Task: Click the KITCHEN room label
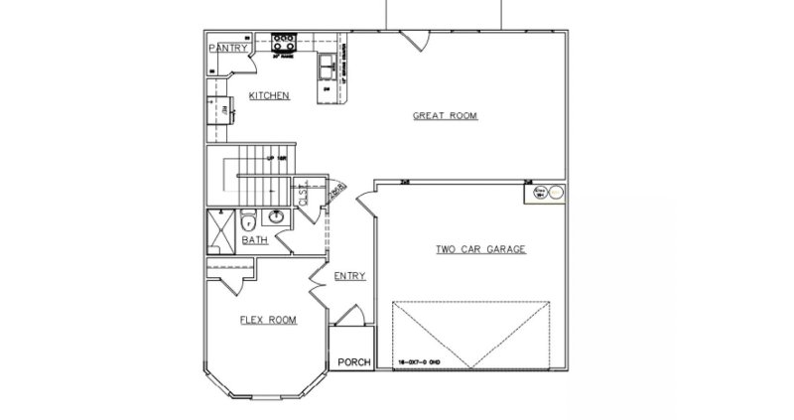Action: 268,96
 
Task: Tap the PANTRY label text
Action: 227,48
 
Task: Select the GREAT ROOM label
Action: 445,116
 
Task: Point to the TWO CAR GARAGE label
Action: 479,249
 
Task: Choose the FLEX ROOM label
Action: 268,320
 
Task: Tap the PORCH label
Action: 354,362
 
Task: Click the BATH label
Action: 255,239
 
